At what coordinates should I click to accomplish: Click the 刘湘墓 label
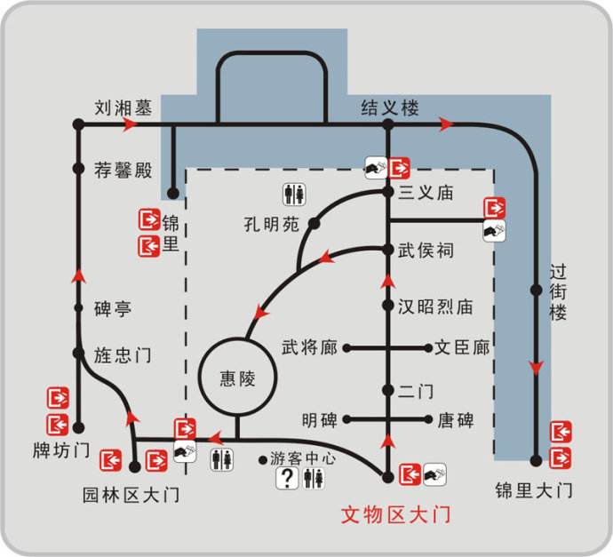point(123,108)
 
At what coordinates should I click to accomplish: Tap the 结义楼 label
point(389,108)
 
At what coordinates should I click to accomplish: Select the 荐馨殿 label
point(123,170)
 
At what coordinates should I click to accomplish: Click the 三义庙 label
point(427,192)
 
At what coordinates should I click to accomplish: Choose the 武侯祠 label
point(427,251)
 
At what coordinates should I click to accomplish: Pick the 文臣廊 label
point(462,347)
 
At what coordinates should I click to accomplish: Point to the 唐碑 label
point(454,419)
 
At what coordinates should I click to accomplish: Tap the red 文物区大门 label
point(396,514)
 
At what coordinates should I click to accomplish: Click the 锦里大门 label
point(534,489)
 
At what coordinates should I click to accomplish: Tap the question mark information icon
point(287,478)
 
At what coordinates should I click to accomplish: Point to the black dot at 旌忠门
point(78,354)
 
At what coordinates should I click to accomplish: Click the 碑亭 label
point(113,309)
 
